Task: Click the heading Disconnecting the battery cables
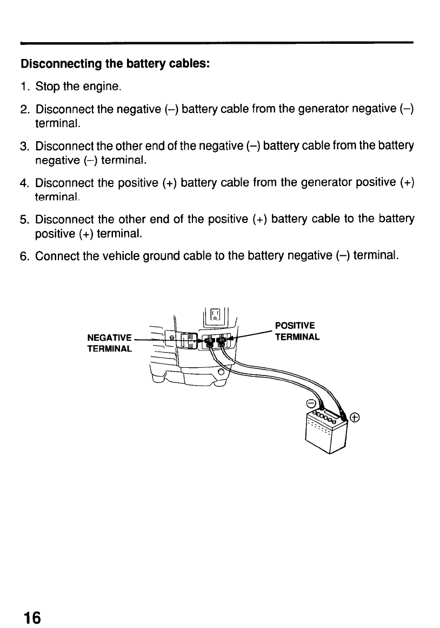pyautogui.click(x=115, y=64)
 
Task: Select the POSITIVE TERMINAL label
pyautogui.click(x=297, y=332)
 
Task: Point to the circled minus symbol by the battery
pyautogui.click(x=311, y=404)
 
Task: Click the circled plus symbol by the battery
pyautogui.click(x=355, y=417)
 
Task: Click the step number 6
pyautogui.click(x=24, y=255)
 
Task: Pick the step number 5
pyautogui.click(x=24, y=219)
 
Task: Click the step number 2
pyautogui.click(x=24, y=111)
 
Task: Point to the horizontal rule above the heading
pyautogui.click(x=216, y=42)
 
